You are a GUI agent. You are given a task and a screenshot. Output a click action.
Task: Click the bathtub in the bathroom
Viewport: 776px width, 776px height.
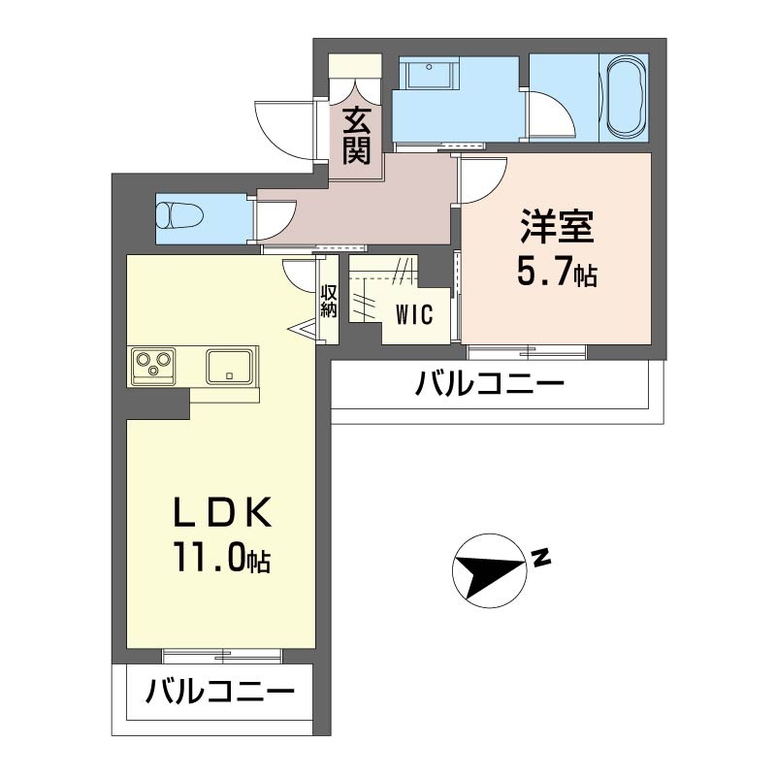coord(626,97)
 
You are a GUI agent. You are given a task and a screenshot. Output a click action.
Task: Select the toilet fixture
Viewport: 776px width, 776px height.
coord(178,214)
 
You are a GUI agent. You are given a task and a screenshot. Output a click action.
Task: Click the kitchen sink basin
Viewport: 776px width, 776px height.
coord(230,367)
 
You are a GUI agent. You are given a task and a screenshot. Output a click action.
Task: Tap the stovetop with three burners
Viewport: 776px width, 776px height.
coord(153,366)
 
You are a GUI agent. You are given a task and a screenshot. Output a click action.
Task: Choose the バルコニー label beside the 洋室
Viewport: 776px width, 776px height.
coord(490,386)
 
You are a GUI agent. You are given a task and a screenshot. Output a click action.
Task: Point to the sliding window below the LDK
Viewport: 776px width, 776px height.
coord(222,654)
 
